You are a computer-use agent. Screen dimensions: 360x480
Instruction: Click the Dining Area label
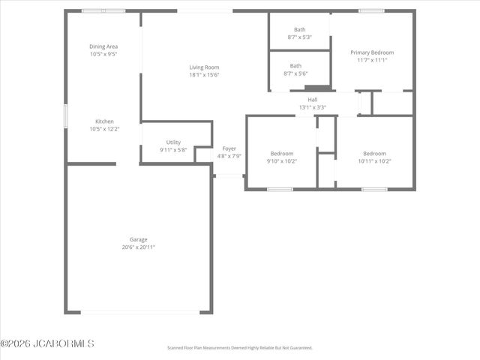tap(103, 46)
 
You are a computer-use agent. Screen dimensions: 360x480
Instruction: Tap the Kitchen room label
tap(104, 121)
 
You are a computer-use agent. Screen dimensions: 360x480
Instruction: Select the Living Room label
tap(203, 67)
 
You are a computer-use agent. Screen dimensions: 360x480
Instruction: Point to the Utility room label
tap(173, 142)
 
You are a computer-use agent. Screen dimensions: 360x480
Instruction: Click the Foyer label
tap(229, 148)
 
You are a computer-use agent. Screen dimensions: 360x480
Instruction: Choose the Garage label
tap(138, 239)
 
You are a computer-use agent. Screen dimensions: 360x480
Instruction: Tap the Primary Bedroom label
tap(372, 52)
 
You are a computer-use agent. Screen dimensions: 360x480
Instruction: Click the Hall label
tap(313, 99)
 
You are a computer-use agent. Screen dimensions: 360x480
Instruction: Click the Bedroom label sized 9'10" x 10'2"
tap(282, 153)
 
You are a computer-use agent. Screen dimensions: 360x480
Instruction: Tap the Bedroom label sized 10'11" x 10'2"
tap(374, 153)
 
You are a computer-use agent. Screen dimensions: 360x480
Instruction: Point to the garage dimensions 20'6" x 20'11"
tap(138, 247)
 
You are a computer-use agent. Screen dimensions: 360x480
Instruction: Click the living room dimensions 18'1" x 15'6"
tap(203, 75)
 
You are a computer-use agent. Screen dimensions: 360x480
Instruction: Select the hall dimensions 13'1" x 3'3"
tap(313, 107)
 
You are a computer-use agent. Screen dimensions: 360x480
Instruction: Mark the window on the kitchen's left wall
tap(66, 115)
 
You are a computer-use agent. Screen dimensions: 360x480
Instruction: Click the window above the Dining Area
tap(103, 11)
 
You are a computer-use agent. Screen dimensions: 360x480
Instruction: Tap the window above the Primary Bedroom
tap(371, 10)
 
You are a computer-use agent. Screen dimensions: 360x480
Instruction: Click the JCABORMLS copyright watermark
tap(47, 343)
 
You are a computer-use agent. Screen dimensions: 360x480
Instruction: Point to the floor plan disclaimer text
tap(239, 348)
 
